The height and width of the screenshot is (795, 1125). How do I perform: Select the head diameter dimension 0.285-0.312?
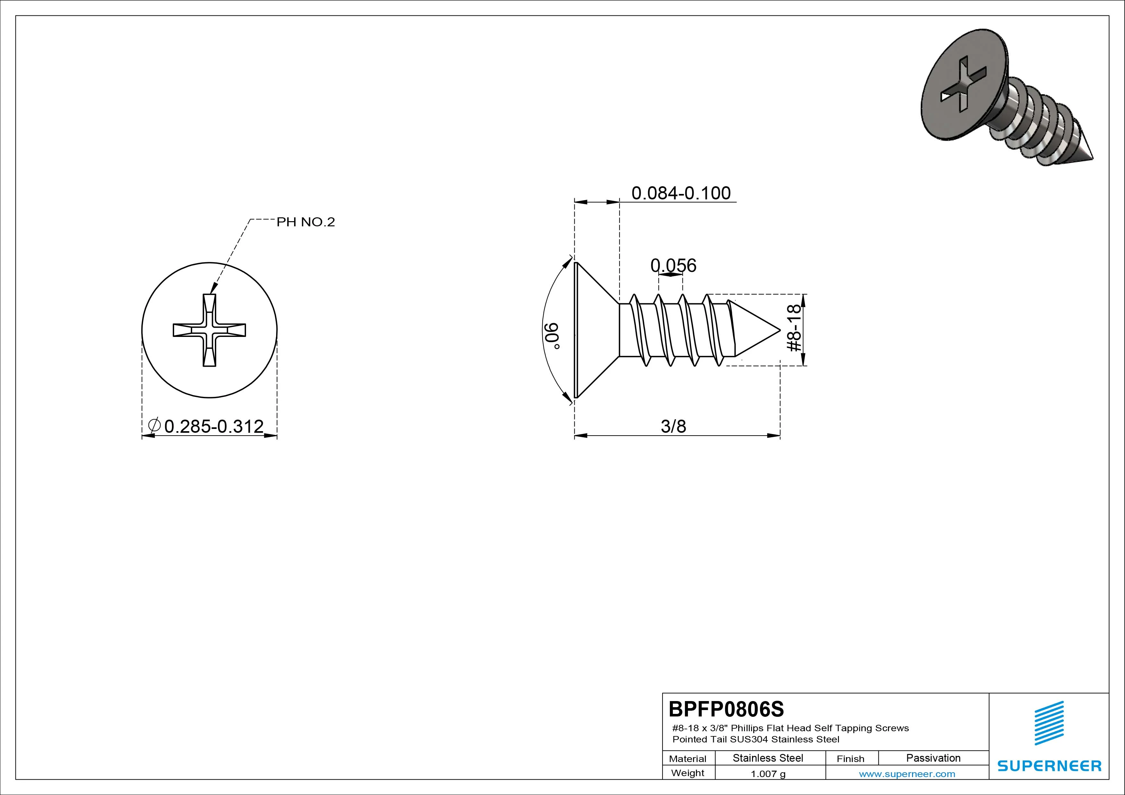(x=214, y=426)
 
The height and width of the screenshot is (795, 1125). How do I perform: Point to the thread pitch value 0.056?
(x=673, y=265)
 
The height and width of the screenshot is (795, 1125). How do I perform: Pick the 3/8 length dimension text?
(x=674, y=426)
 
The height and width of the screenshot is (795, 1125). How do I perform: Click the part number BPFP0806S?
(x=726, y=709)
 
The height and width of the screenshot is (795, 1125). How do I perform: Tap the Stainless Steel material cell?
(x=768, y=758)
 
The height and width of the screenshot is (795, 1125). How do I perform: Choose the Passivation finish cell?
(x=934, y=758)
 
